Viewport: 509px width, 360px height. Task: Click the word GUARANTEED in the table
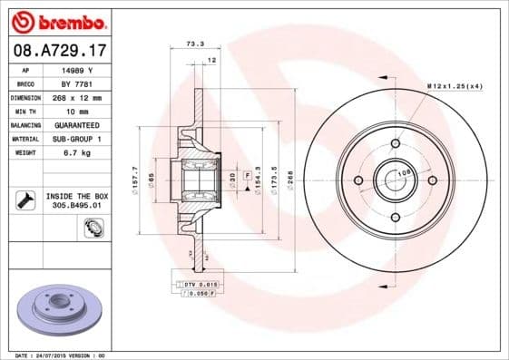tap(76, 124)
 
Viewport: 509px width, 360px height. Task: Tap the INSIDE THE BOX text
tap(76, 196)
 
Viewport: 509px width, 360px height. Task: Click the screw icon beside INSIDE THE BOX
tap(25, 199)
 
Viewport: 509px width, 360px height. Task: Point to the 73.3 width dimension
tap(193, 44)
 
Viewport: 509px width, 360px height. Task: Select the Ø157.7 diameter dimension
tap(134, 174)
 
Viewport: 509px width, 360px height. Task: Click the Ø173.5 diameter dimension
tap(272, 175)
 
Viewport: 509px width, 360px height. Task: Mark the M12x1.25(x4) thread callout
tap(454, 86)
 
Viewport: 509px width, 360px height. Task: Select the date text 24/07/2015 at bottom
tap(60, 355)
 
